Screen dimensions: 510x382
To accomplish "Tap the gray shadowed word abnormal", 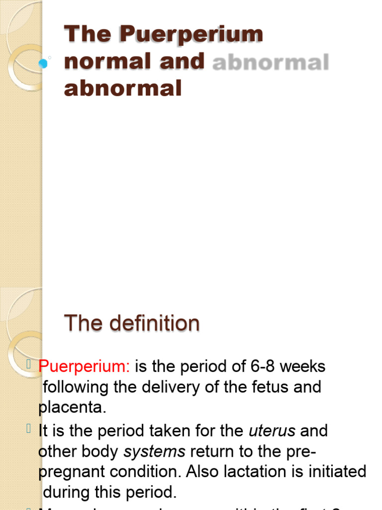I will [271, 63].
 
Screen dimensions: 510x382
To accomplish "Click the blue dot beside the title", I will [43, 63].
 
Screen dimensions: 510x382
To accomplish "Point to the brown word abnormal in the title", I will [123, 89].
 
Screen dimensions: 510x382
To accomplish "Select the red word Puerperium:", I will [84, 367].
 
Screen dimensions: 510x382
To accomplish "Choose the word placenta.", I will [72, 407].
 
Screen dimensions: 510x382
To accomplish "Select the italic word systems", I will [154, 452].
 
